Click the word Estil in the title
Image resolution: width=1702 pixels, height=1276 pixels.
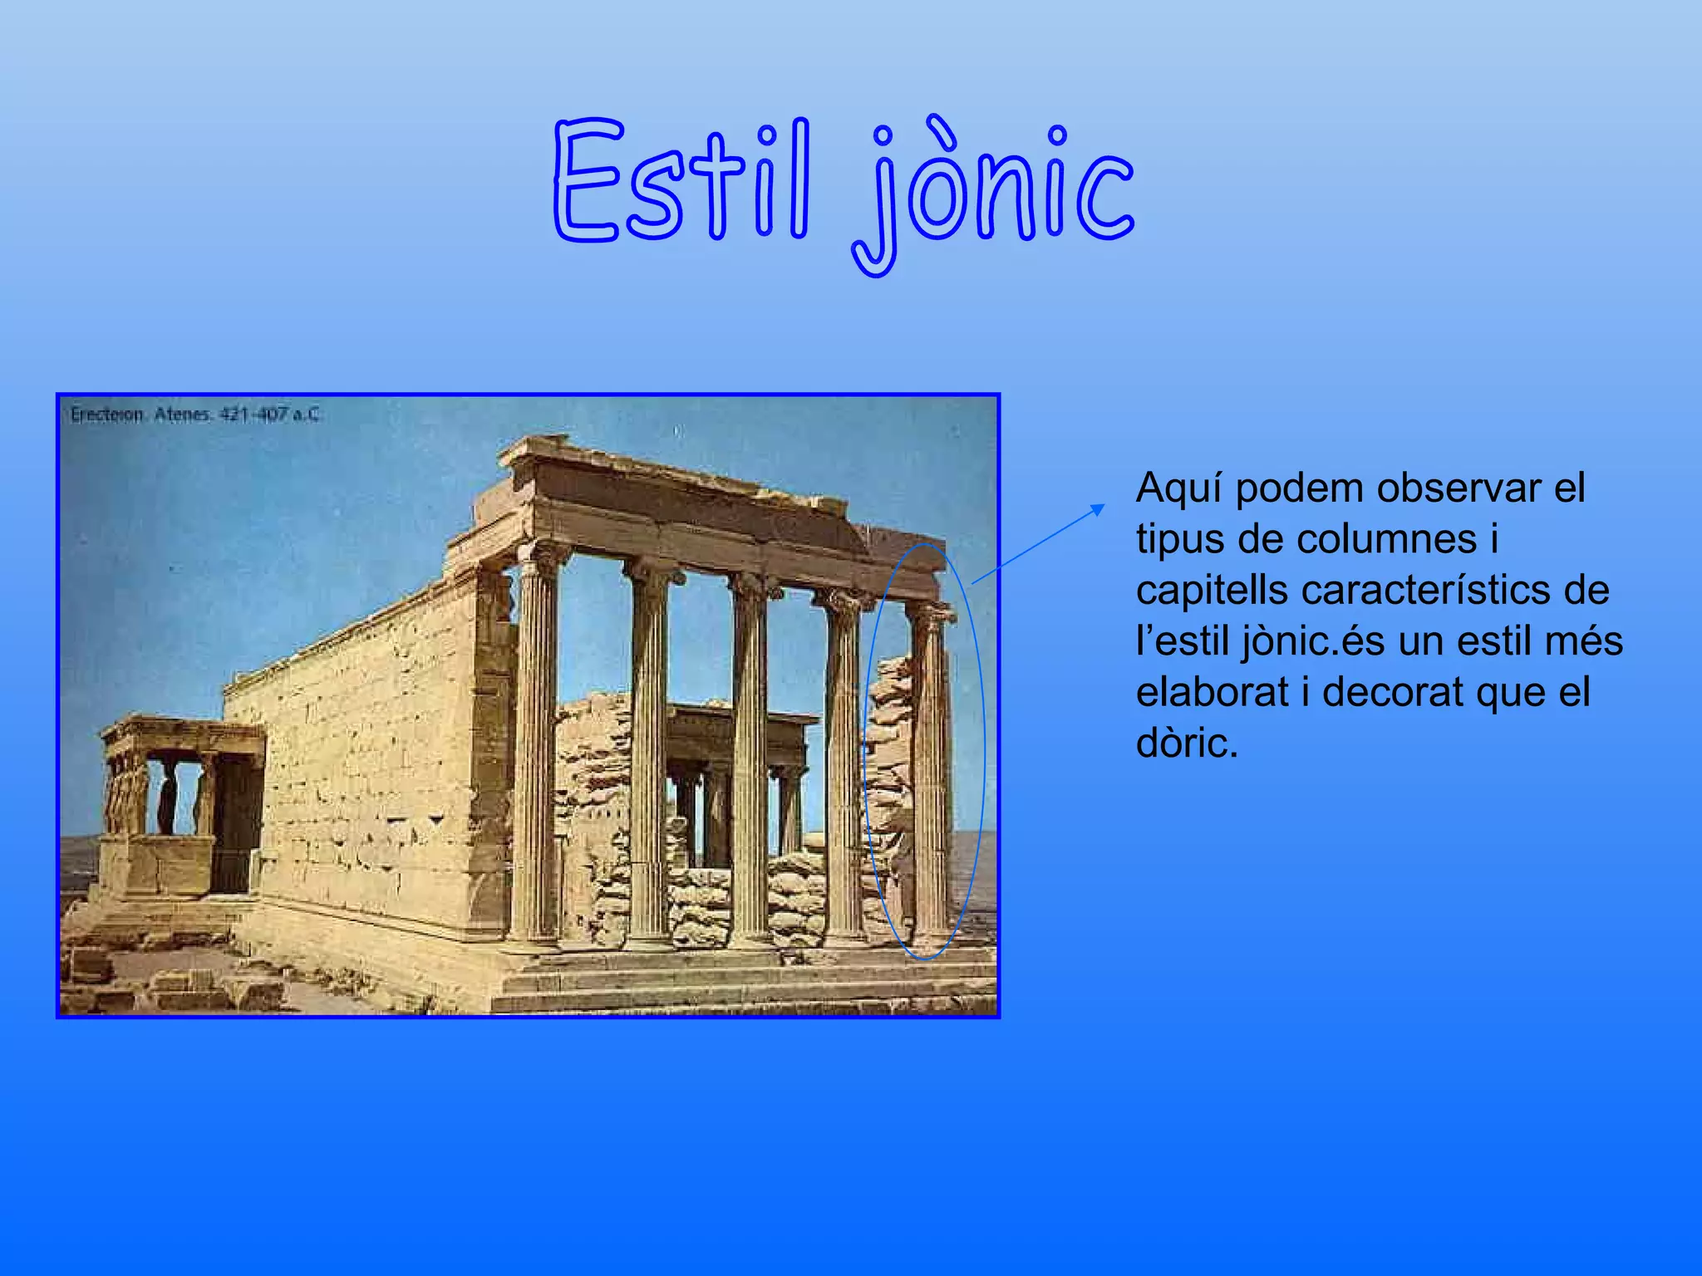click(x=681, y=181)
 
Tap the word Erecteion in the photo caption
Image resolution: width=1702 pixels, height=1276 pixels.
click(x=106, y=414)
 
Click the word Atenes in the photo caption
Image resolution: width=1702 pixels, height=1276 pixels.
click(x=182, y=414)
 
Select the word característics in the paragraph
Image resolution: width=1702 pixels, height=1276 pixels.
click(x=1419, y=591)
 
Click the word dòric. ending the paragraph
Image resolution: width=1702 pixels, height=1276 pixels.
click(x=1187, y=743)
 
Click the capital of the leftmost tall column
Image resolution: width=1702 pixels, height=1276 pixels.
click(x=541, y=557)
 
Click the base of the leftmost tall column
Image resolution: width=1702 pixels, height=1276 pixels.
click(x=534, y=939)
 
